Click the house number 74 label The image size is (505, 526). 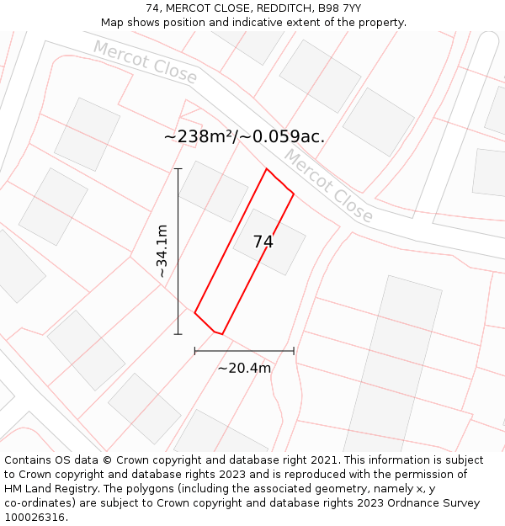point(263,242)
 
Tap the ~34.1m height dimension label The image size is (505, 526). point(162,251)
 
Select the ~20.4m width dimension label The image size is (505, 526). point(244,368)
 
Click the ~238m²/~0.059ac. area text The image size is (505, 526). point(244,136)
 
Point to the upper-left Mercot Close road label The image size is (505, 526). point(145,63)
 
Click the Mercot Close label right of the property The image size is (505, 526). point(327,186)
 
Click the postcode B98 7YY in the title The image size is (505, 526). point(341,8)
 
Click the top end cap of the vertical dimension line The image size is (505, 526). point(178,169)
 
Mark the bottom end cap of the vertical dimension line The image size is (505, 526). point(178,334)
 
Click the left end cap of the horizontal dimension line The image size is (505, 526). point(195,351)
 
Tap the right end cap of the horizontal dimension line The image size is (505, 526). point(294,351)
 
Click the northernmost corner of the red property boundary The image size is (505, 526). point(267,169)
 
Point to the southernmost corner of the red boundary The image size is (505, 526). point(221,334)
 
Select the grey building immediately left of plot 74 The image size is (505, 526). point(213,191)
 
